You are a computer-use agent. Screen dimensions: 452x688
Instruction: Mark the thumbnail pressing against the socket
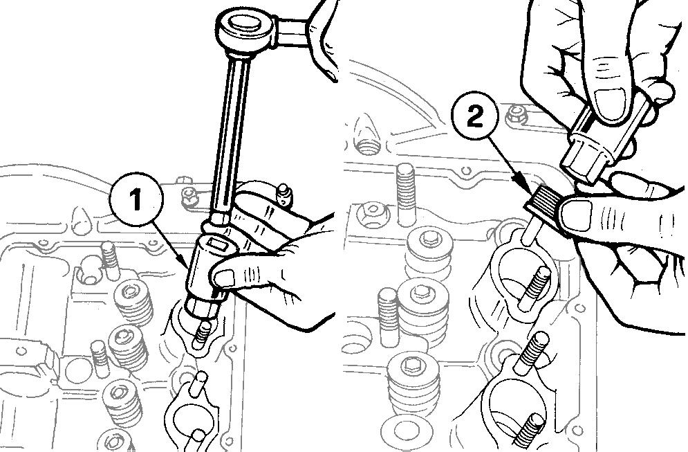coord(223,278)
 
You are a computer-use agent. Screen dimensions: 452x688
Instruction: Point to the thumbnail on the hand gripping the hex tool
coord(608,97)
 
